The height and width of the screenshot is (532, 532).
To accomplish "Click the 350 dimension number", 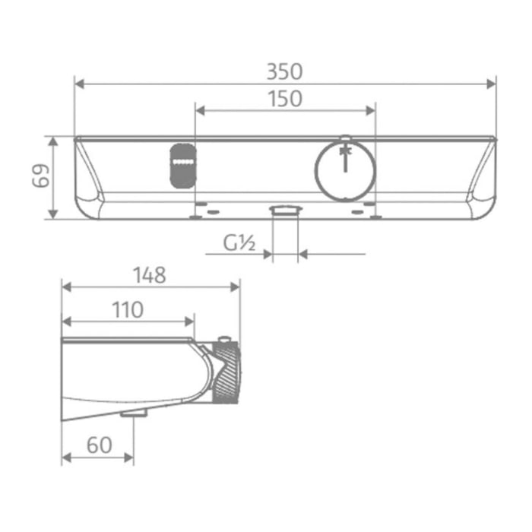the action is [x=284, y=71].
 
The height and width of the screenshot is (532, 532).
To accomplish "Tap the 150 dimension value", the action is [x=285, y=99].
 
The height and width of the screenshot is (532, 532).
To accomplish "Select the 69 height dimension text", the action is [x=41, y=176].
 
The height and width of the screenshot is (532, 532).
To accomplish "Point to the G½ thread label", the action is [x=239, y=243].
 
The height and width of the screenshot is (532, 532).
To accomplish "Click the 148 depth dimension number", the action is [x=150, y=275].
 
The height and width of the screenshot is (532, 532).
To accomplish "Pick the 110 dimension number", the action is [x=128, y=309].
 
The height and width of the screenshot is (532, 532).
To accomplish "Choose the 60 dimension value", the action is [x=100, y=445].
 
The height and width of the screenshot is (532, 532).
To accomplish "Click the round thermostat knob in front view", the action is [x=345, y=171].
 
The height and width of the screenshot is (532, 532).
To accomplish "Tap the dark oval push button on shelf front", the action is [x=183, y=166].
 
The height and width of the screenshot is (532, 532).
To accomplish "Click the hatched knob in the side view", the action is [x=226, y=372].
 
